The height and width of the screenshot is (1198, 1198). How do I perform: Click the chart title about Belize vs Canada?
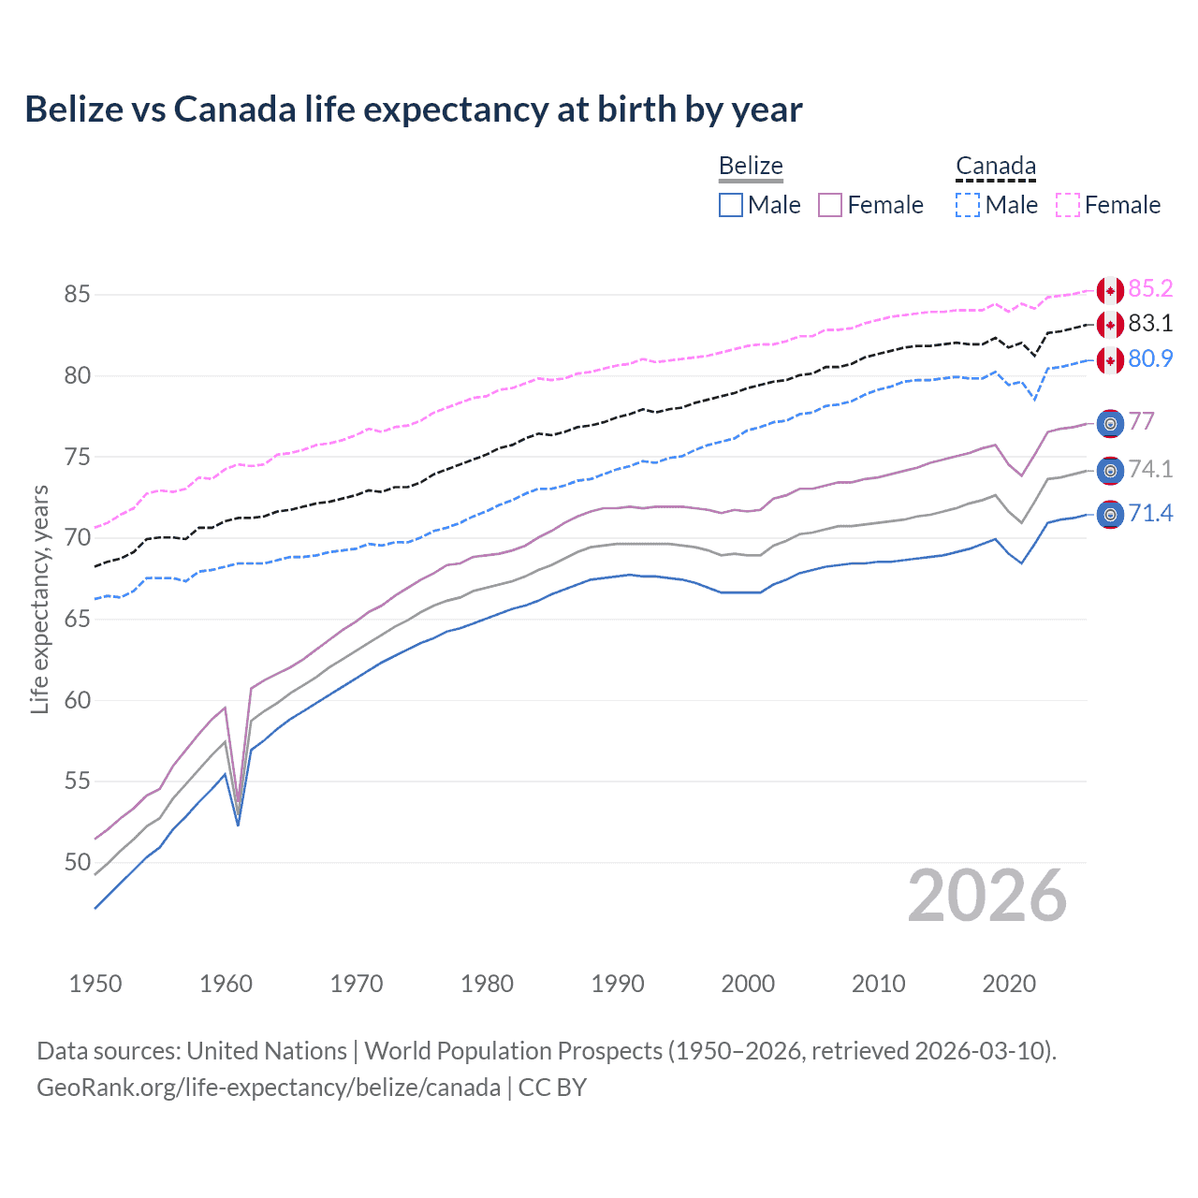click(413, 110)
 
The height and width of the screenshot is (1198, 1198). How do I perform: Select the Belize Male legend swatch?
click(731, 205)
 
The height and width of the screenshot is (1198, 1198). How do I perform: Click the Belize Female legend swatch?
click(830, 205)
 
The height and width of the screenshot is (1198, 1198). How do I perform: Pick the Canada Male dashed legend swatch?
click(968, 205)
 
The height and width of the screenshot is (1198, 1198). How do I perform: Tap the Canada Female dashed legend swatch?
click(1068, 205)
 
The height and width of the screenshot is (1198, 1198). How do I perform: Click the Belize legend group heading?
click(751, 166)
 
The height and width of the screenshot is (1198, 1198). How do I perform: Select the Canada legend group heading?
click(996, 166)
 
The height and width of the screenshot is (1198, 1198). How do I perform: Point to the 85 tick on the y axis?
click(77, 294)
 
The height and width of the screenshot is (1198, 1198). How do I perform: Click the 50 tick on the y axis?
click(77, 862)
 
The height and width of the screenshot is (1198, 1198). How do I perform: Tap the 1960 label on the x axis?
click(226, 984)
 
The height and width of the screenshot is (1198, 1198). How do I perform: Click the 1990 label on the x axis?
click(618, 984)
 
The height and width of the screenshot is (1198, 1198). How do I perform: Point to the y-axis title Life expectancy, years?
click(39, 599)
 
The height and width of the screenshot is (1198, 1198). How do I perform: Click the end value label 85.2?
click(1150, 288)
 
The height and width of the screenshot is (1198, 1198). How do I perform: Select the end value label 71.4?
click(1150, 513)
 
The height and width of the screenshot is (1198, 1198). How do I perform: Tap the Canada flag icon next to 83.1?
click(1110, 325)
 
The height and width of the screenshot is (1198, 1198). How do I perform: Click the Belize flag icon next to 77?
click(1110, 424)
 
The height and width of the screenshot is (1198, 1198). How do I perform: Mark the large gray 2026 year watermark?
click(986, 896)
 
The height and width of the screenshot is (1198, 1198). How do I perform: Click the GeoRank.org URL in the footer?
click(269, 1088)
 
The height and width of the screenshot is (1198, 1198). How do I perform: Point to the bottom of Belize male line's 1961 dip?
click(238, 825)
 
